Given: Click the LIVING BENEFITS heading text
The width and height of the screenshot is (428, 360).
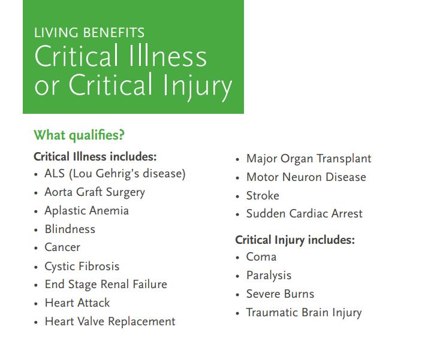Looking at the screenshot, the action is pyautogui.click(x=89, y=33).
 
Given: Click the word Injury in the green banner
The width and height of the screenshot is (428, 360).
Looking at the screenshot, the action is pyautogui.click(x=197, y=86).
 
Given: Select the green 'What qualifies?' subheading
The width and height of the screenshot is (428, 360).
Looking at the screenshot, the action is pyautogui.click(x=79, y=135).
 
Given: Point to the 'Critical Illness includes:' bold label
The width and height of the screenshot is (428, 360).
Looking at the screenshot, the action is pyautogui.click(x=95, y=157).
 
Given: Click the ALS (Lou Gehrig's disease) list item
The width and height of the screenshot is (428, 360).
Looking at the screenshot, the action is pyautogui.click(x=115, y=174).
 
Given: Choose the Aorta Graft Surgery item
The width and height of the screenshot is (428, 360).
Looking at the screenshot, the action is pyautogui.click(x=95, y=192).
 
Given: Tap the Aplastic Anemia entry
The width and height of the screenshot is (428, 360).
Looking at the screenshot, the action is pyautogui.click(x=86, y=211).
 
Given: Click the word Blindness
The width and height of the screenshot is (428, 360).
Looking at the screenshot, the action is pyautogui.click(x=70, y=229).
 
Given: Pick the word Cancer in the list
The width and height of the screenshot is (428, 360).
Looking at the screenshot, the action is pyautogui.click(x=62, y=247).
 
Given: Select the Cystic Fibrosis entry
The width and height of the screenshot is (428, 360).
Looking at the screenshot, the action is pyautogui.click(x=82, y=267).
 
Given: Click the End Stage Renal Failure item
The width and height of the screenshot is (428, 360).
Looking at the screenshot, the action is pyautogui.click(x=106, y=285).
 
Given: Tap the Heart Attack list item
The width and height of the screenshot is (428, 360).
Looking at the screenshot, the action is pyautogui.click(x=77, y=303).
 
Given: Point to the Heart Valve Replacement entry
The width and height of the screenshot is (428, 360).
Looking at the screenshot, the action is pyautogui.click(x=110, y=322).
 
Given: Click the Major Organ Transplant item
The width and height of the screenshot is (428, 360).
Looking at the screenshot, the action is pyautogui.click(x=309, y=159).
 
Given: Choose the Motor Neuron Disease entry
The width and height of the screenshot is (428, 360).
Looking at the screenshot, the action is pyautogui.click(x=306, y=177).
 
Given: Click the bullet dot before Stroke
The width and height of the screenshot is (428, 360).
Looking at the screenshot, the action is pyautogui.click(x=237, y=196).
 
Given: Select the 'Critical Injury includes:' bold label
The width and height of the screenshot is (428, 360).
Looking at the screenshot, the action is pyautogui.click(x=295, y=240).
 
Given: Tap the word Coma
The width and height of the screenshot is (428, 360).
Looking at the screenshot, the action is pyautogui.click(x=261, y=257).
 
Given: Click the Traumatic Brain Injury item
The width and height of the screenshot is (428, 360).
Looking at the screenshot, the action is pyautogui.click(x=304, y=313).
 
